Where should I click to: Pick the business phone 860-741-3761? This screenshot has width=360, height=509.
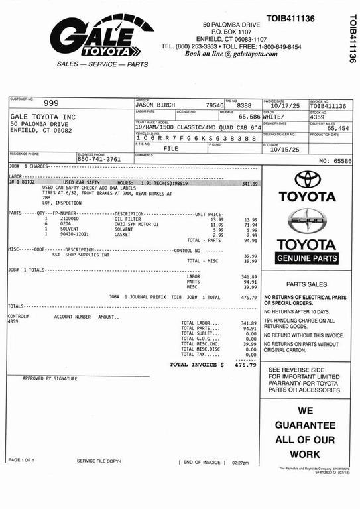point(99,159)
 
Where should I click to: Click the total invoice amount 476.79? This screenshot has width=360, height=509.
point(245,365)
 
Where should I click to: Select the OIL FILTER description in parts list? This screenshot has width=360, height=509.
point(129,219)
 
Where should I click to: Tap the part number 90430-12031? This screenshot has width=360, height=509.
point(74,235)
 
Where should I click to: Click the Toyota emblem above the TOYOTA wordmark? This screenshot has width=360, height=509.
point(308,179)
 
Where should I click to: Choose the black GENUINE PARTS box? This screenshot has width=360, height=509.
point(307,258)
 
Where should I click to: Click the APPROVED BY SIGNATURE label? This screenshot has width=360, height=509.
point(50,378)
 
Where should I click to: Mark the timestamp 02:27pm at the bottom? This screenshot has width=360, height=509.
point(241,463)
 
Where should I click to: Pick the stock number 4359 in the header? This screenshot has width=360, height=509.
point(318,117)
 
